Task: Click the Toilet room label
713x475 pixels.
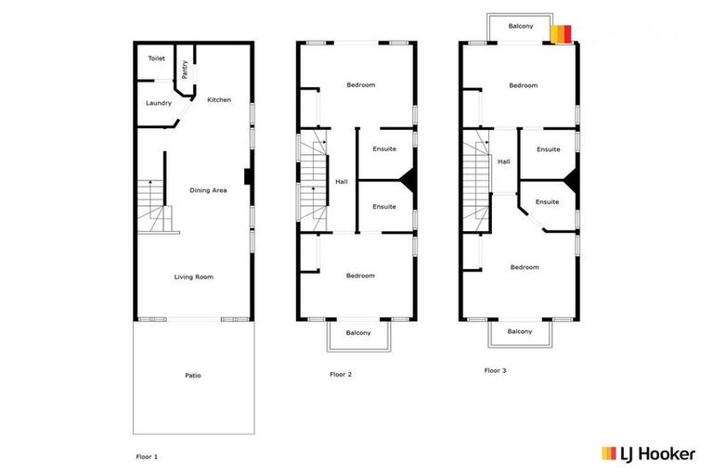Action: (156, 58)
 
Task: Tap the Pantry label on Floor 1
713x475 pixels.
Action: (185, 70)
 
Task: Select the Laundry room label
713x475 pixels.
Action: (159, 103)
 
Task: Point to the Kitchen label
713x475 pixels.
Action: (219, 100)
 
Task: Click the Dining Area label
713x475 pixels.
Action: (208, 190)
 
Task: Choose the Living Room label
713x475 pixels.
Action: (194, 276)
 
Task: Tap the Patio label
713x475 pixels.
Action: (193, 375)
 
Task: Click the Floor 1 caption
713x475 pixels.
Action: (148, 456)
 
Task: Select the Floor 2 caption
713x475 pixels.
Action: (341, 375)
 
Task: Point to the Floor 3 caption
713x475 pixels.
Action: (496, 370)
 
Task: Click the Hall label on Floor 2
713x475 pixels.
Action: (342, 181)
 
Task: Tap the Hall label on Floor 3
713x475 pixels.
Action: (504, 161)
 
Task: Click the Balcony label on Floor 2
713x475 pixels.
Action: (358, 332)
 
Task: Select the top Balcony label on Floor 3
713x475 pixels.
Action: (521, 26)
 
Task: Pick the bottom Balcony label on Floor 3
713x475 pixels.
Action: (520, 331)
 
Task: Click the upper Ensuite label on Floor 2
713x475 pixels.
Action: (384, 148)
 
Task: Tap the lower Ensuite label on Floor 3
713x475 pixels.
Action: (547, 201)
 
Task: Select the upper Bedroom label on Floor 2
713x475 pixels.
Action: (360, 85)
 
